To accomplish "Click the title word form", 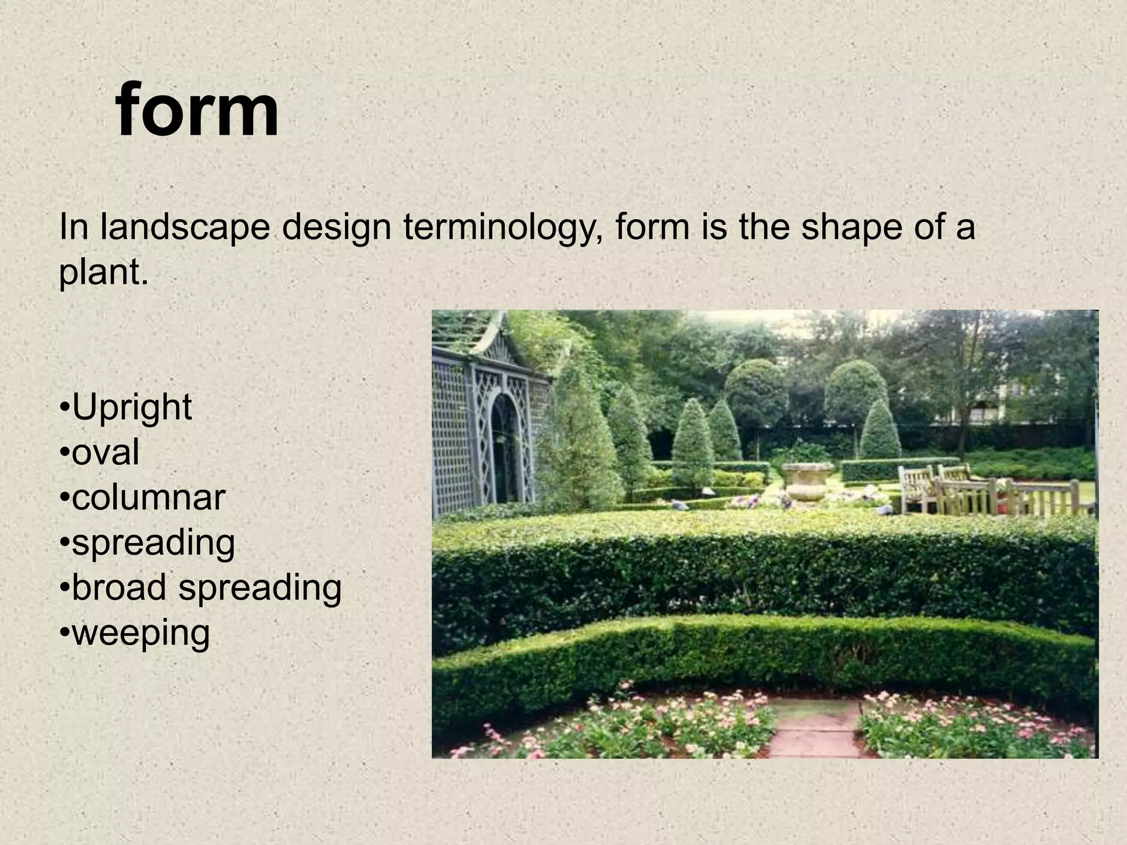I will click(x=197, y=110).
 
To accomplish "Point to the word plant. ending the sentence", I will click(x=103, y=272).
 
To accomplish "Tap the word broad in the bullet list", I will click(x=118, y=587).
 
